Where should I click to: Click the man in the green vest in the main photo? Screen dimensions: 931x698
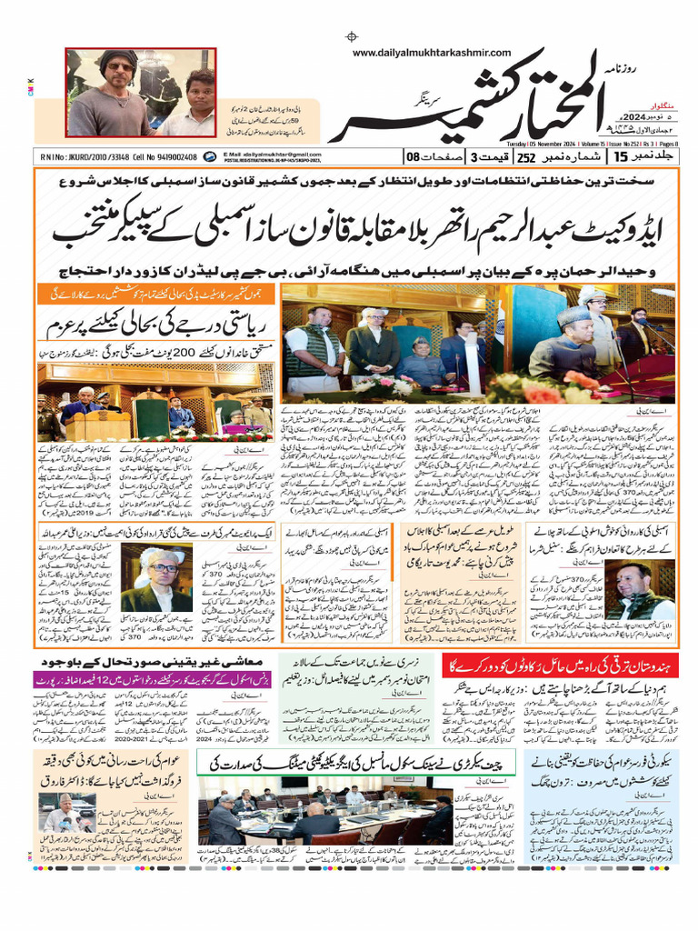tap(314, 345)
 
